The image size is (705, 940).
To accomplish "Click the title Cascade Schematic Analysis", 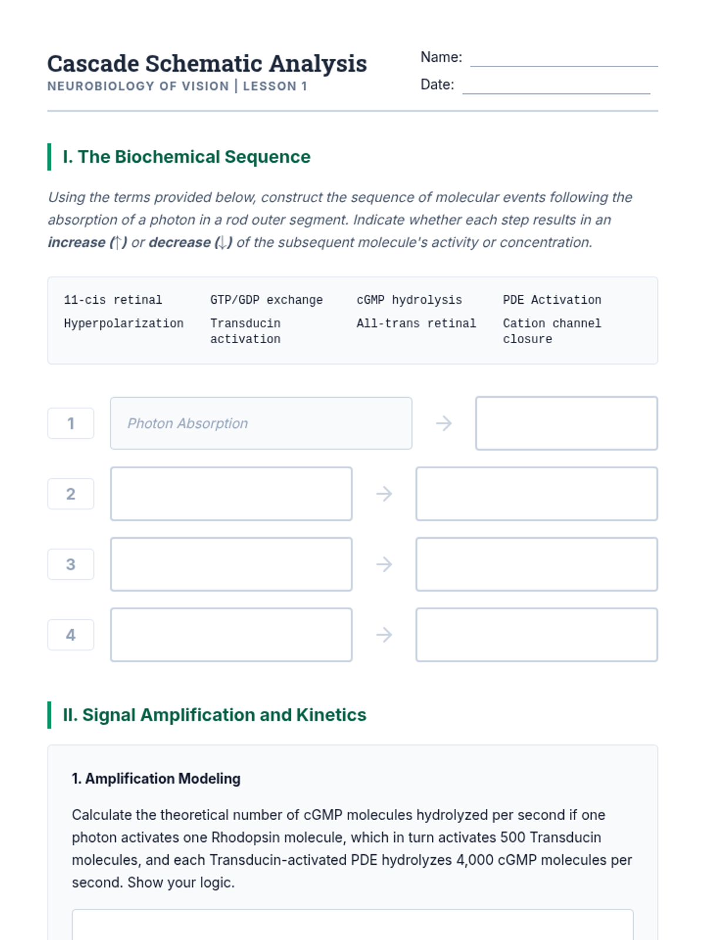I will [x=207, y=63].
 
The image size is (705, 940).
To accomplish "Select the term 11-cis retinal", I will [x=113, y=300].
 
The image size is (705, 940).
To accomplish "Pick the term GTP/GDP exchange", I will [x=266, y=300].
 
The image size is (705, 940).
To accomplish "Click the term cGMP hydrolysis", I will [x=409, y=300].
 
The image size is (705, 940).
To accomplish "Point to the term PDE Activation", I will [x=552, y=300].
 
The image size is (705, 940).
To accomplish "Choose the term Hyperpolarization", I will [x=123, y=323].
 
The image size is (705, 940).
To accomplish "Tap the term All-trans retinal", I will [x=416, y=323].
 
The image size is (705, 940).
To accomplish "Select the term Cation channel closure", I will [x=552, y=331].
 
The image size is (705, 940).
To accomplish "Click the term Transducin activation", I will [x=245, y=331].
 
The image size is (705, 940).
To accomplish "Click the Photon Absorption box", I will [x=261, y=423].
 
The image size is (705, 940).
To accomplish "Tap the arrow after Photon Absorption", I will [x=444, y=423].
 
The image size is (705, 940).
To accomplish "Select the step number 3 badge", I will [x=70, y=564].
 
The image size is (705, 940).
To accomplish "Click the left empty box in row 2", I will [x=231, y=493].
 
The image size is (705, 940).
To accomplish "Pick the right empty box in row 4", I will [x=536, y=634].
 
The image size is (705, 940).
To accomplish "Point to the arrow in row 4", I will [x=384, y=634].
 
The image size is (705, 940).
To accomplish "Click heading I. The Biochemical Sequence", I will [x=186, y=157].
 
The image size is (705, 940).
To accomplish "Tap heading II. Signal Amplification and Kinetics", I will [x=214, y=715].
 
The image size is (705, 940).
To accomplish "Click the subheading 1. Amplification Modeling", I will [x=156, y=778].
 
